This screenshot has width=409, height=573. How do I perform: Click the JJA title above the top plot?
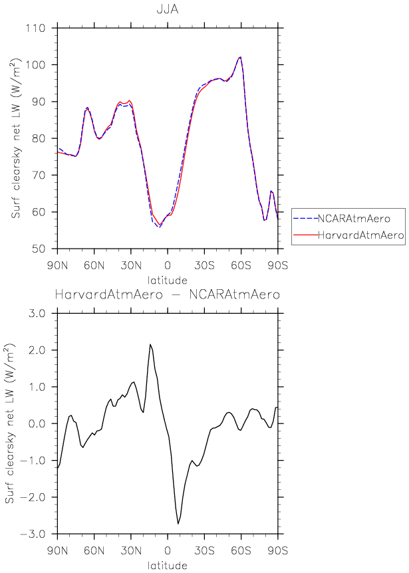[167, 11]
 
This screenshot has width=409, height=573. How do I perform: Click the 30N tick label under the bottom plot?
[131, 550]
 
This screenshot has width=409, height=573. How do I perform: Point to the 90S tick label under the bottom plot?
[278, 550]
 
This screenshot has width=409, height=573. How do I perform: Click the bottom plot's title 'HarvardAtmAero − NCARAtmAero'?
[167, 294]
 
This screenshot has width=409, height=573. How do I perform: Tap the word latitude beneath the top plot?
[167, 281]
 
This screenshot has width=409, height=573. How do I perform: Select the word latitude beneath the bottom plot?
[167, 566]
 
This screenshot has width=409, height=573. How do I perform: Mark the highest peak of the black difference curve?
[150, 344]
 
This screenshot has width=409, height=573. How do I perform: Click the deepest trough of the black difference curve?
[178, 524]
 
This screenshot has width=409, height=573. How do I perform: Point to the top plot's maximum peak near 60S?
[240, 57]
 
